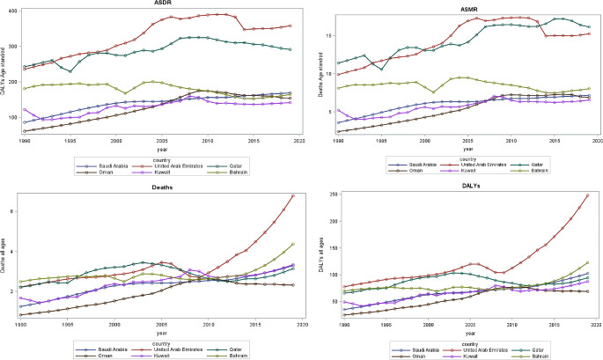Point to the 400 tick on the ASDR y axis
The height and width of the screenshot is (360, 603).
[x=11, y=10]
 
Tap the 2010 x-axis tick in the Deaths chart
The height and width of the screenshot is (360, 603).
[x=208, y=325]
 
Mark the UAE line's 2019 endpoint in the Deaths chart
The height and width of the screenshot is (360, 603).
[x=292, y=195]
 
